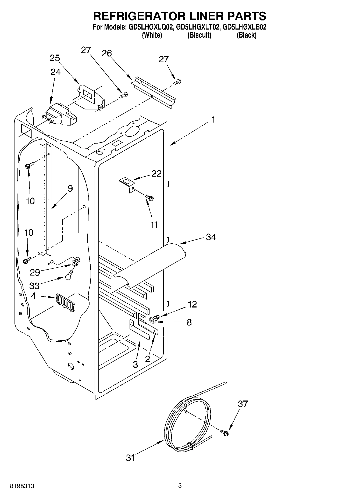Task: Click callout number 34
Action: [211, 237]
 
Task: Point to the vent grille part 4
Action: [65, 302]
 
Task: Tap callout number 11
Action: [154, 224]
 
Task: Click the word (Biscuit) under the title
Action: [199, 35]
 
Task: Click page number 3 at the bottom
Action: [180, 485]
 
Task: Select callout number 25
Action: [55, 58]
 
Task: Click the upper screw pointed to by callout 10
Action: [29, 165]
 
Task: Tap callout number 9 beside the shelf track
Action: [70, 188]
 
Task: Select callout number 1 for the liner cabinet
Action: [213, 120]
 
